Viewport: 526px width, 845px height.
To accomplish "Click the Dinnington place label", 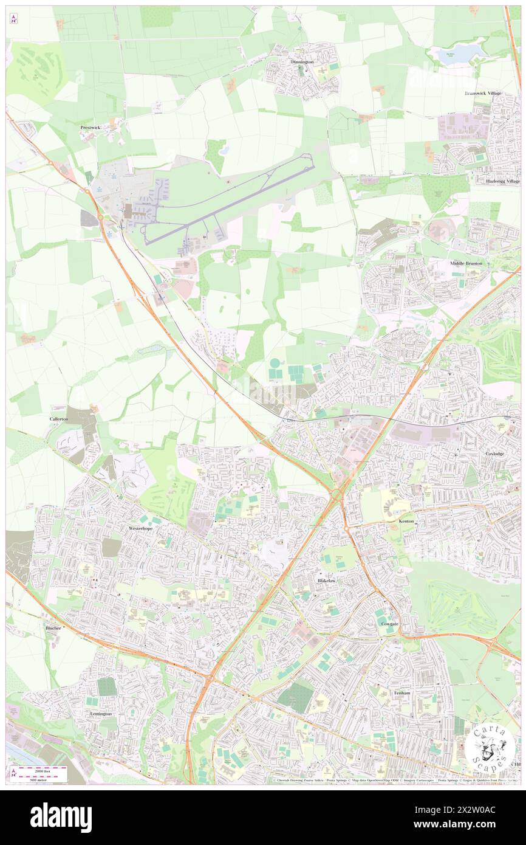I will [x=302, y=62].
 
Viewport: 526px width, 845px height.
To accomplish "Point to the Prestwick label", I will [x=91, y=128].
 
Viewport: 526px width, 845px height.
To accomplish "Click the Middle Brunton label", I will [x=466, y=263].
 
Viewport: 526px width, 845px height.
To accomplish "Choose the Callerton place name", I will [x=59, y=419].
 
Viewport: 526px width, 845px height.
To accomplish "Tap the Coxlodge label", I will [x=494, y=454].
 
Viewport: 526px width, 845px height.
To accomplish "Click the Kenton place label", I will [x=406, y=522].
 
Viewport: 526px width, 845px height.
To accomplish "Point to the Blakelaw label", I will [x=326, y=581].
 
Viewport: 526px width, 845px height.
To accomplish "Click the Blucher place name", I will [x=53, y=628].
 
